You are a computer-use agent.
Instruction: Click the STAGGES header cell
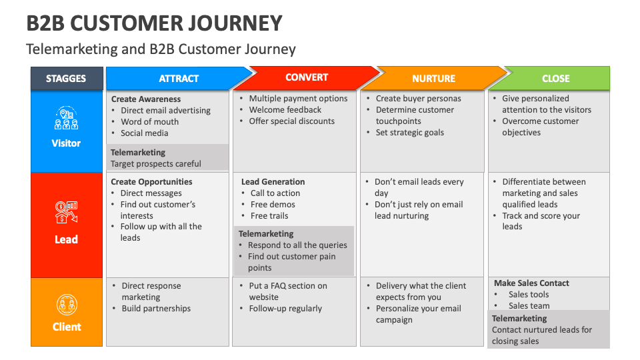click(66, 79)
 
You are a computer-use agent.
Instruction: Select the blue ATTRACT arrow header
click(178, 79)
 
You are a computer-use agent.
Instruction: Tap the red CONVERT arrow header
click(306, 77)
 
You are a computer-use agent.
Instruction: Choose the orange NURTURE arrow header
click(433, 79)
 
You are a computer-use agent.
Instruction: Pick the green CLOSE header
click(555, 79)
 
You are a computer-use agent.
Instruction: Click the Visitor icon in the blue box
click(66, 119)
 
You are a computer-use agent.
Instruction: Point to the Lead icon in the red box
click(66, 211)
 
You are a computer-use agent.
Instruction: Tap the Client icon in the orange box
click(66, 305)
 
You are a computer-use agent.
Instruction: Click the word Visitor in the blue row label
click(66, 143)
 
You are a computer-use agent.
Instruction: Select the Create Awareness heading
click(146, 99)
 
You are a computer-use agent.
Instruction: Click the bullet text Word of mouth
click(149, 122)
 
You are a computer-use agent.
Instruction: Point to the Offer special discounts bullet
click(291, 121)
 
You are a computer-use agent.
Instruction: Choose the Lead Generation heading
click(273, 182)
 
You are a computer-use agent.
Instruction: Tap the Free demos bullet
click(273, 205)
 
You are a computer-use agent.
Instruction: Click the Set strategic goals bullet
click(409, 133)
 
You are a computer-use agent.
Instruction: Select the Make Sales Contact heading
click(531, 283)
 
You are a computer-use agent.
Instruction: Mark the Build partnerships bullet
click(155, 309)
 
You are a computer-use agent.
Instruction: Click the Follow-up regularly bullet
click(285, 309)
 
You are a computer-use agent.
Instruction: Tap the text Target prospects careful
click(155, 164)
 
